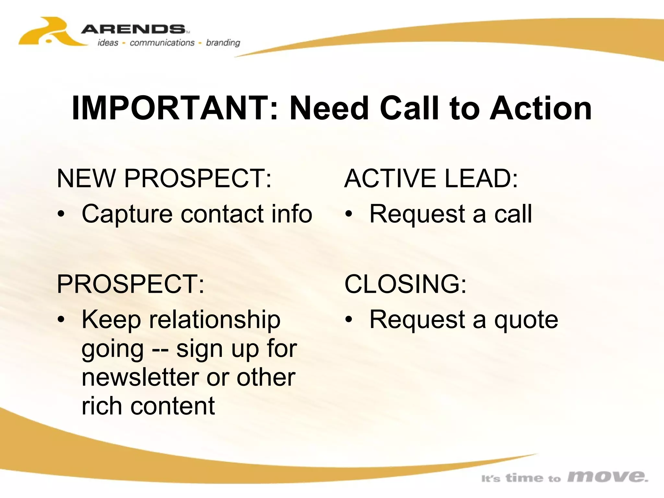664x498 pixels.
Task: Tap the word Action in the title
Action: pyautogui.click(x=540, y=108)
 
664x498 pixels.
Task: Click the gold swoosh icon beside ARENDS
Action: pyautogui.click(x=49, y=32)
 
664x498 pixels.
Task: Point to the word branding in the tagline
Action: pyautogui.click(x=223, y=43)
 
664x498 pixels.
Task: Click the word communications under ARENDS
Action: pyautogui.click(x=162, y=43)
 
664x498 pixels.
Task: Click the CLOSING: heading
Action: pyautogui.click(x=405, y=284)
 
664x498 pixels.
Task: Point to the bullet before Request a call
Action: pyautogui.click(x=349, y=214)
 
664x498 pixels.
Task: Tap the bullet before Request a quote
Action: pyautogui.click(x=349, y=320)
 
